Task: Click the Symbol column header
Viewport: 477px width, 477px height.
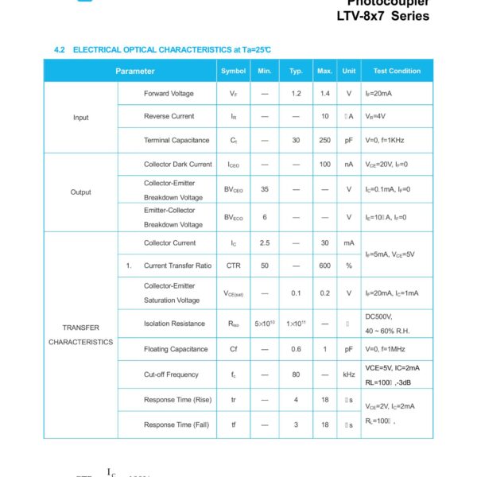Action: click(234, 71)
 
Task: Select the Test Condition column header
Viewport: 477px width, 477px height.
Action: click(397, 71)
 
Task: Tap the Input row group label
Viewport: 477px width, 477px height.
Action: click(81, 117)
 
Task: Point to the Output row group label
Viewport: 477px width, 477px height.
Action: click(81, 192)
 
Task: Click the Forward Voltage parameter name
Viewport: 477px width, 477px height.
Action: click(169, 94)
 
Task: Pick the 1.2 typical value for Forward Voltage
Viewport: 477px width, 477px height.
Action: click(296, 94)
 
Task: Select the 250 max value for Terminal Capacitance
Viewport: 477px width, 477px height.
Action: click(324, 140)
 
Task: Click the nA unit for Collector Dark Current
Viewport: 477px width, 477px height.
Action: click(348, 165)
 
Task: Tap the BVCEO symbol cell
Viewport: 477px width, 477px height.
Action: click(234, 190)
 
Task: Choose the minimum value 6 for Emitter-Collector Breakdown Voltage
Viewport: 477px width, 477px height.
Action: click(265, 217)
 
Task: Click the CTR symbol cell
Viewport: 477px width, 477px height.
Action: click(234, 266)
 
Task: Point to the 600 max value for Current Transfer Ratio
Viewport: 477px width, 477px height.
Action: click(324, 266)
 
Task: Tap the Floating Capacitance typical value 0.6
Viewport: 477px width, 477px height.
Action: click(296, 349)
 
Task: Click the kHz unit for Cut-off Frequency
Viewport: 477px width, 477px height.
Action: click(348, 374)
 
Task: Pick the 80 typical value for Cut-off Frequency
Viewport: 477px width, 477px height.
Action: click(296, 374)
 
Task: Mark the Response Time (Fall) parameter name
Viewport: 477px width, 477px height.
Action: click(176, 425)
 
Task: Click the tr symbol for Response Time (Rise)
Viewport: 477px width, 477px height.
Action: click(234, 400)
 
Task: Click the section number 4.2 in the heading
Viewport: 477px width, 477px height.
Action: click(59, 50)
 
